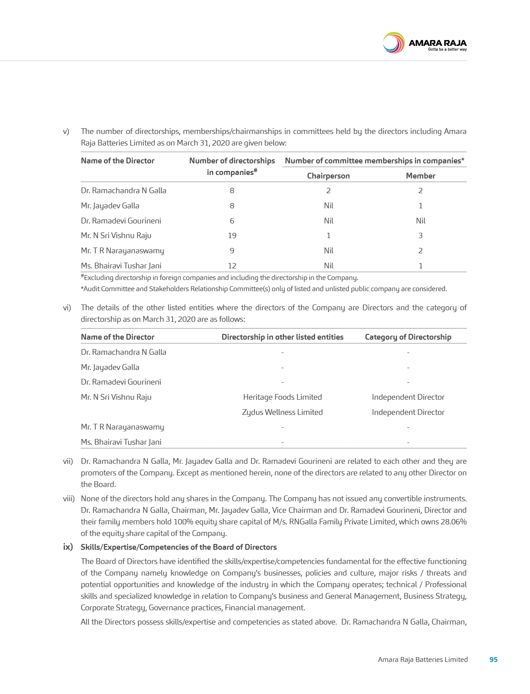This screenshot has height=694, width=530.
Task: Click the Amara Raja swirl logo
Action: [393, 43]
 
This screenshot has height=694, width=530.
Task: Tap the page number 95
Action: [493, 659]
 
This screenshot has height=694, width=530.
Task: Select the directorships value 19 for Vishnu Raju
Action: [232, 235]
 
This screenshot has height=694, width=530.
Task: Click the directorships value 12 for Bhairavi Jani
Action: [232, 266]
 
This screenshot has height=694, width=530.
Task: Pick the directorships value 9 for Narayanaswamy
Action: [232, 251]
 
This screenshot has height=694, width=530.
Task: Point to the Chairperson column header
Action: [328, 176]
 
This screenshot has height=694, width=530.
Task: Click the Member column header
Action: [420, 176]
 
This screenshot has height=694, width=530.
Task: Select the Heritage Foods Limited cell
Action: [282, 397]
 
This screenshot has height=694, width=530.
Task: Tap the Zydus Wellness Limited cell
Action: [282, 412]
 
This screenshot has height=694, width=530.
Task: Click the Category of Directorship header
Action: [408, 337]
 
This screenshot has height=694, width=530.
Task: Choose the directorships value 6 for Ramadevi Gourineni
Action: [232, 221]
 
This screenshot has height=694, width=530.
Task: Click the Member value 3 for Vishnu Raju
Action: [420, 235]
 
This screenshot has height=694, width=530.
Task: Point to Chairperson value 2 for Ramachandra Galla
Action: [328, 191]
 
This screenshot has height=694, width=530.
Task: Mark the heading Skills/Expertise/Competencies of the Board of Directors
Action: [178, 547]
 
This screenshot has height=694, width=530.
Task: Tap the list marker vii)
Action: [68, 462]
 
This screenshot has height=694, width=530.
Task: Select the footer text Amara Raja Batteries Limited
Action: [422, 659]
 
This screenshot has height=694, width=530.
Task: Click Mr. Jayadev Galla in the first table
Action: [110, 206]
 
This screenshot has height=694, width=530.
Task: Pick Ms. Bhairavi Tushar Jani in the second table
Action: [121, 442]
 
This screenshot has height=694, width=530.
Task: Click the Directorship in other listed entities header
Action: [282, 337]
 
